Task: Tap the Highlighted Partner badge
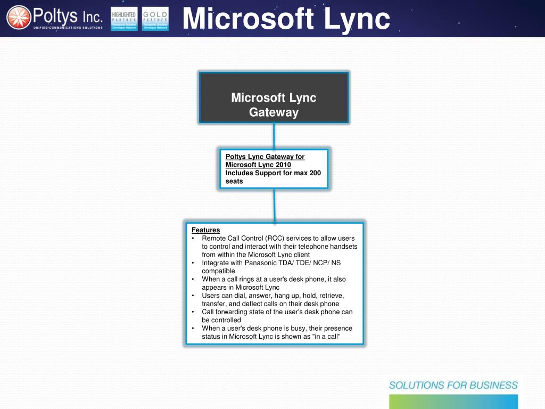coord(124,19)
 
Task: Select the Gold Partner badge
coord(155,19)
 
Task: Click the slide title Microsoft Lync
coord(286,19)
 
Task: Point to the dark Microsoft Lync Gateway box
coord(274,98)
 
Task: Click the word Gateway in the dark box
coord(274,112)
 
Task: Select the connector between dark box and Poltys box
coord(274,136)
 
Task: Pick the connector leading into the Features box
coord(275,204)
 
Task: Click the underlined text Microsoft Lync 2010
coord(258,165)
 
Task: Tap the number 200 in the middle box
coord(315,173)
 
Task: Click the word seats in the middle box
coord(234,181)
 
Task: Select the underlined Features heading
coord(206,230)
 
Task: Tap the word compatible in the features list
coord(218,271)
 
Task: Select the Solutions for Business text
coord(453,385)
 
